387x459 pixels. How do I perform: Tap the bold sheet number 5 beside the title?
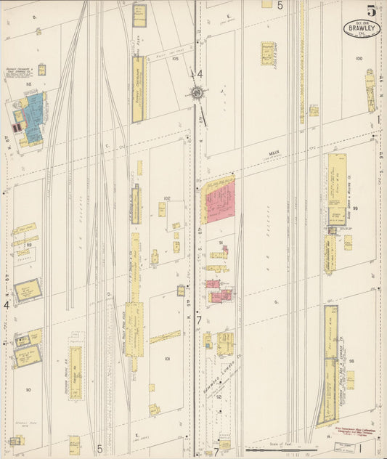371,10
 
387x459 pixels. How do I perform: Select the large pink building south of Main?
220,202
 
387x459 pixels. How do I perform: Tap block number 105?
174,78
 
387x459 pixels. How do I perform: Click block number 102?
166,198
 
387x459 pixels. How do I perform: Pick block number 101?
166,359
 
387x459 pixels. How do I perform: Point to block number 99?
355,208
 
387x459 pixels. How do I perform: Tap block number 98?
351,360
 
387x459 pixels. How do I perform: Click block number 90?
28,390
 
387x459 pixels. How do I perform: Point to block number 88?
30,86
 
